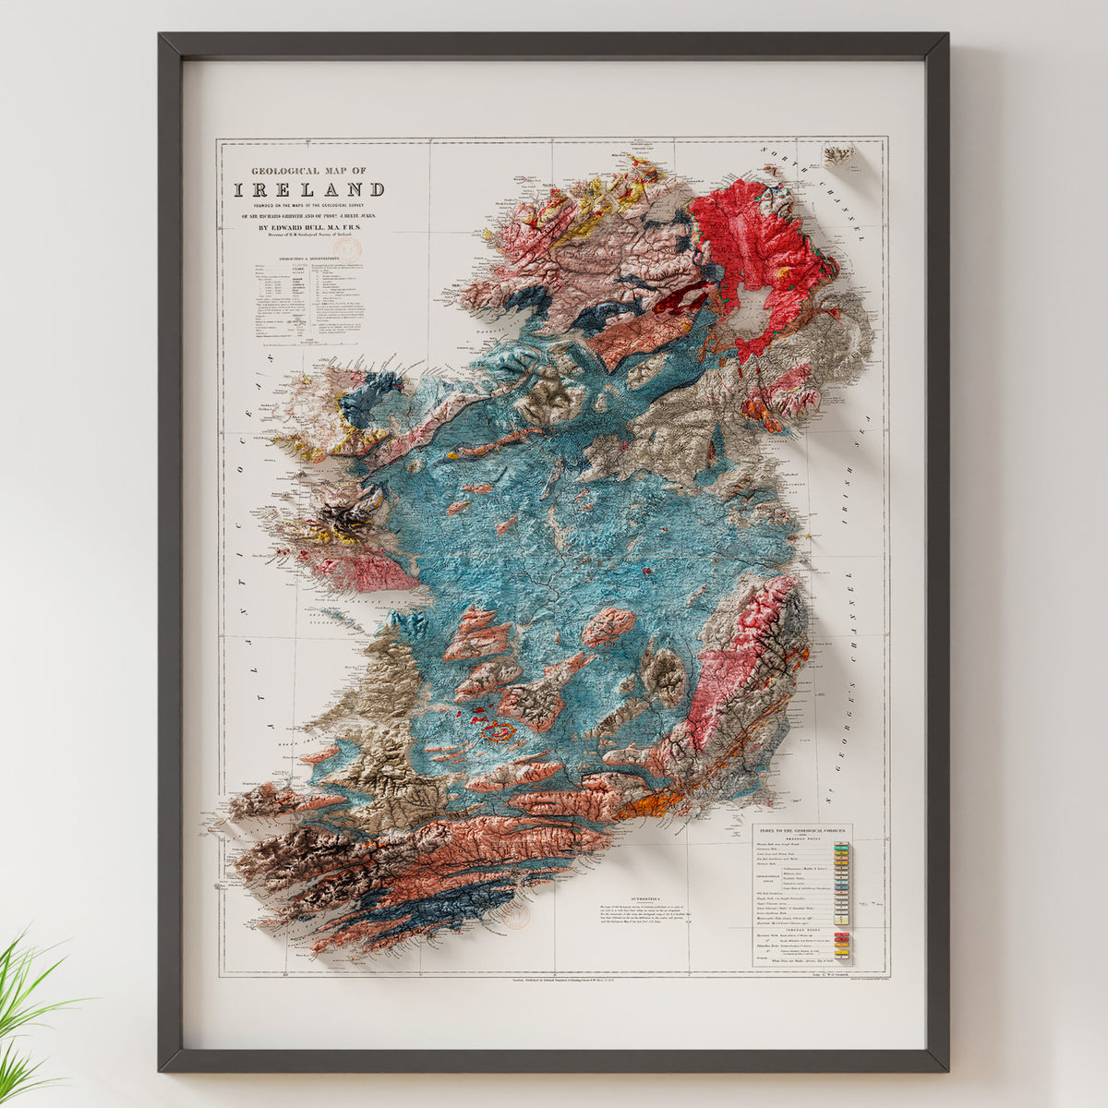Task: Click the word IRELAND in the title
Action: click(x=308, y=190)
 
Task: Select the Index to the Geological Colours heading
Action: click(x=801, y=829)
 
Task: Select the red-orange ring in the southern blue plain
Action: click(x=500, y=733)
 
